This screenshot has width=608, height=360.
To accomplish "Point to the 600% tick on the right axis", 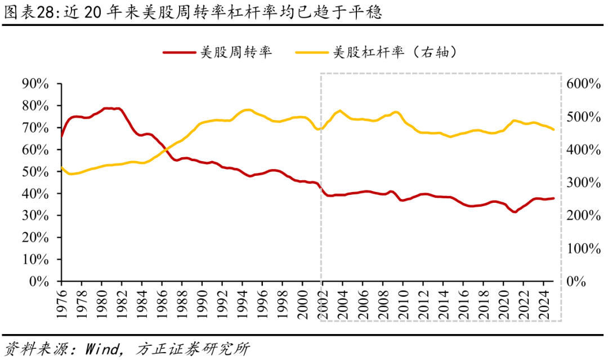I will click(x=584, y=84).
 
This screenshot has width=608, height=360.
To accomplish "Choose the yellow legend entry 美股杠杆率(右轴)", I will click(x=394, y=52).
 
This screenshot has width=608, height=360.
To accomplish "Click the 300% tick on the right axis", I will click(x=584, y=183).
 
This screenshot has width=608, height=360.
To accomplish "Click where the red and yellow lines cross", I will click(x=167, y=150).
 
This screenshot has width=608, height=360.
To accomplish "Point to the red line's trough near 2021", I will click(x=514, y=212).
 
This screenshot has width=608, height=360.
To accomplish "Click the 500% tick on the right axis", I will click(x=584, y=117).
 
